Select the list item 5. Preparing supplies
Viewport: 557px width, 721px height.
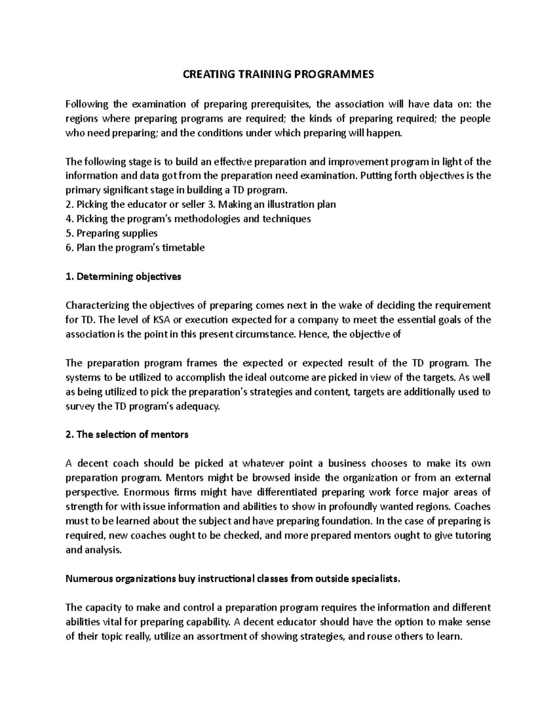(x=111, y=233)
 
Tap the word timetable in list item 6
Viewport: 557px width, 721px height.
(x=183, y=247)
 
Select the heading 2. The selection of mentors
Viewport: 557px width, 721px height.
(x=127, y=435)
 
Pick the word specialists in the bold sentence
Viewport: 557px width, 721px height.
(x=376, y=578)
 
